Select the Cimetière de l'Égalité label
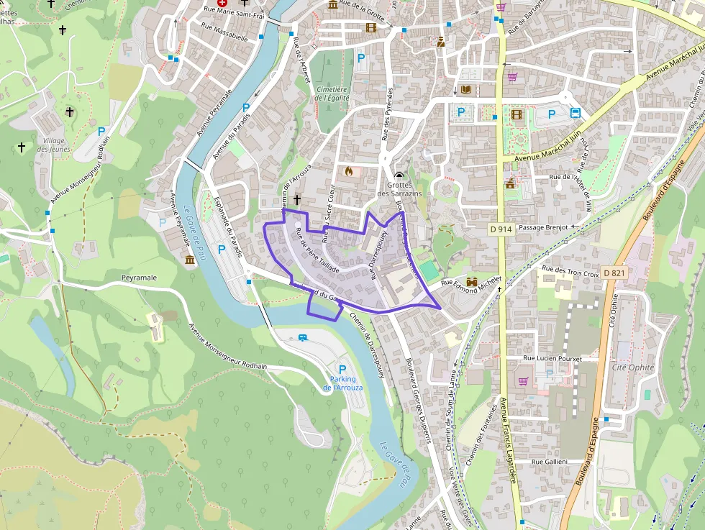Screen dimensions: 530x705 (x=332, y=93)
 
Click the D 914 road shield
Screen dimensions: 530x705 (x=501, y=229)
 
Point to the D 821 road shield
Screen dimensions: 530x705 (x=615, y=273)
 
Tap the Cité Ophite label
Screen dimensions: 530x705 (x=632, y=367)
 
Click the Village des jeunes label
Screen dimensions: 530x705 (x=54, y=145)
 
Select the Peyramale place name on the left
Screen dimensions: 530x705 (x=139, y=278)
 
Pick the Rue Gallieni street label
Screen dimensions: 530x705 (x=550, y=461)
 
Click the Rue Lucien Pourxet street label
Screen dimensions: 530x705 (x=552, y=357)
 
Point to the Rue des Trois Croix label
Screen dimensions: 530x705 (x=571, y=273)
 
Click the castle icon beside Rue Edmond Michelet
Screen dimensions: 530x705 (x=473, y=281)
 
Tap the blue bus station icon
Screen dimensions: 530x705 (x=576, y=113)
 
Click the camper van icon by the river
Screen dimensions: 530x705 (x=304, y=337)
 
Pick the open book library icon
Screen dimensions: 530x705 (x=466, y=90)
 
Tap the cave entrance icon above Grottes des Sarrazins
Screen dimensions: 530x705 (x=399, y=175)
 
